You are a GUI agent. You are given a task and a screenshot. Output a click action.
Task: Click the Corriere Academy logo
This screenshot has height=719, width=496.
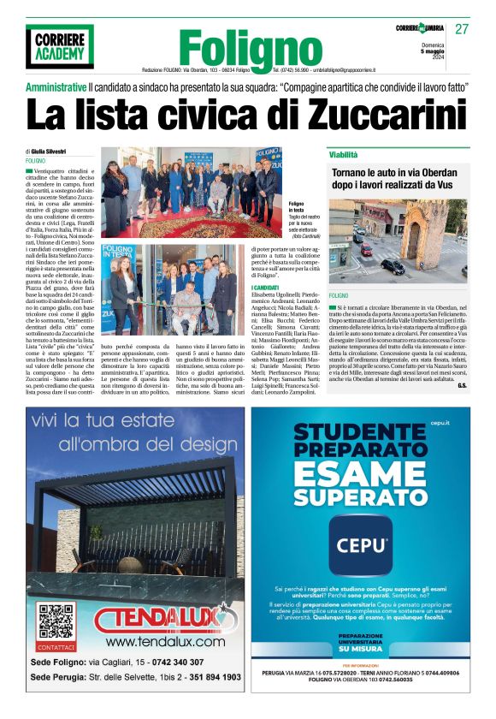click(x=59, y=46)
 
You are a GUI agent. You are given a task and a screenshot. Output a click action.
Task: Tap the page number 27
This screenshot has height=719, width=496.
click(x=462, y=29)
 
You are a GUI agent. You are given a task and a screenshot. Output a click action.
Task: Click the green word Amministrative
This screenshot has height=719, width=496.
click(x=56, y=87)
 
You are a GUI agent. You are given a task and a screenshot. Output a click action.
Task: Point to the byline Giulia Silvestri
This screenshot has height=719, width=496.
click(x=53, y=151)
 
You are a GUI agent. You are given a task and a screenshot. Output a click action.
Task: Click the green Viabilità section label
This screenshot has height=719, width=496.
click(x=344, y=154)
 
